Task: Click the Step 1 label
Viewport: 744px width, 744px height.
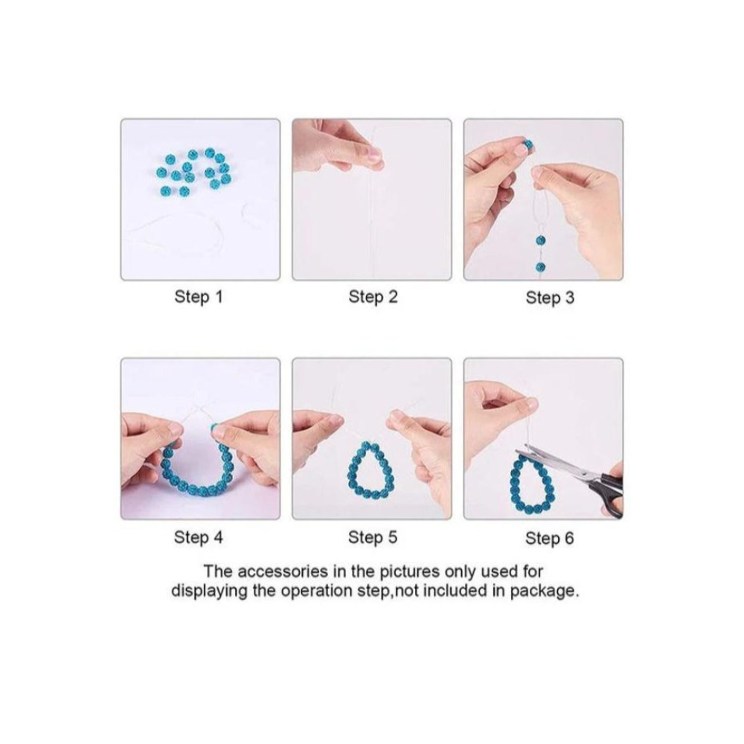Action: (199, 298)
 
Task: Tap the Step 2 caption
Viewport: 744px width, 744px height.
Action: (373, 298)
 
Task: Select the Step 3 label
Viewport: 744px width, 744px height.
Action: (550, 298)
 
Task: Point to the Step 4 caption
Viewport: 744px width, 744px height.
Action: (199, 538)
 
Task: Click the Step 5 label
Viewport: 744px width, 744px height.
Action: (373, 538)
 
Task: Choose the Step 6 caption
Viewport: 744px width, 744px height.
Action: (550, 539)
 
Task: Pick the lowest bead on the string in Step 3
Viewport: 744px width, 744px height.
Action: (540, 267)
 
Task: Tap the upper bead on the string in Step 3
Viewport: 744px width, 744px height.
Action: (540, 240)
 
